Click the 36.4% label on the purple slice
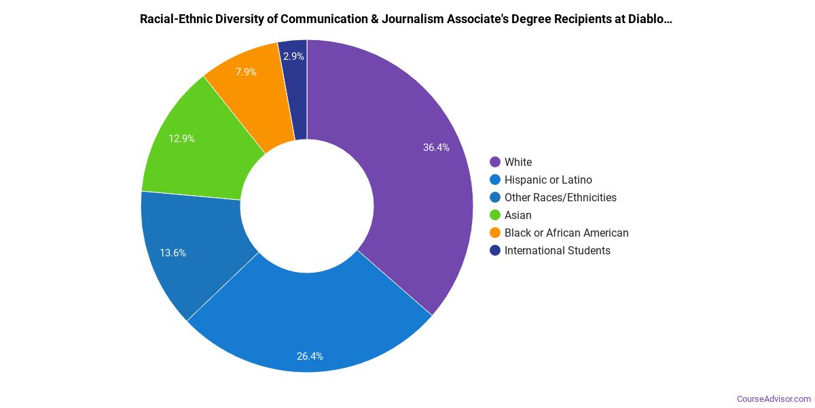pyautogui.click(x=436, y=147)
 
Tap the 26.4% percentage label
pyautogui.click(x=310, y=356)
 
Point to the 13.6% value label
pyautogui.click(x=173, y=253)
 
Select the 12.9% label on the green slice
pyautogui.click(x=182, y=139)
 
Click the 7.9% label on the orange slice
pyautogui.click(x=246, y=71)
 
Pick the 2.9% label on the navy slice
pyautogui.click(x=293, y=56)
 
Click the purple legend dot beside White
pyautogui.click(x=494, y=162)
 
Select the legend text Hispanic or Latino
pyautogui.click(x=548, y=180)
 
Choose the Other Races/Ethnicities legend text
pyautogui.click(x=560, y=197)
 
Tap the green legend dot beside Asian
pyautogui.click(x=494, y=215)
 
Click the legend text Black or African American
pyautogui.click(x=566, y=233)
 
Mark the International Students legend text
pyautogui.click(x=557, y=250)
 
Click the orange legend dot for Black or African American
pyautogui.click(x=494, y=233)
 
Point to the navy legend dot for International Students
pyautogui.click(x=494, y=250)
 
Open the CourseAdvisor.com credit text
pyautogui.click(x=774, y=398)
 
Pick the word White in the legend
pyautogui.click(x=518, y=162)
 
